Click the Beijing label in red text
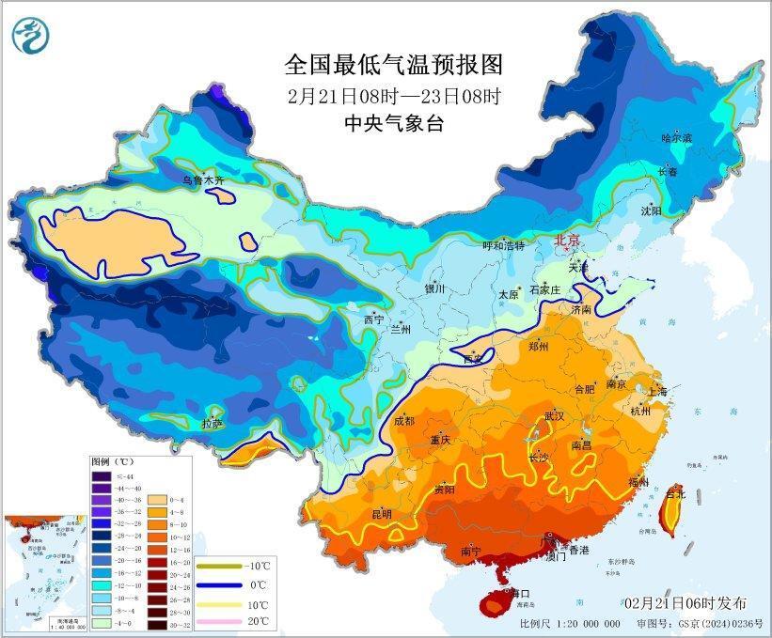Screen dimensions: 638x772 568,241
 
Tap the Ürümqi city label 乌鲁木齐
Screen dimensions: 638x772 203,179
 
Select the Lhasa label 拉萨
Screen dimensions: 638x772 213,424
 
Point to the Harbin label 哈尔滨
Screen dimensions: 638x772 676,138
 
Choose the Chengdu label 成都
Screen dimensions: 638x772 404,421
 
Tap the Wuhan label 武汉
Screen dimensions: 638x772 554,415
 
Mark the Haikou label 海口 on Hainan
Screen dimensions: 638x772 521,594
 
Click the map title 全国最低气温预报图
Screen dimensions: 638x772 394,65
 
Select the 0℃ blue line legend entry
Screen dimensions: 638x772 234,586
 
